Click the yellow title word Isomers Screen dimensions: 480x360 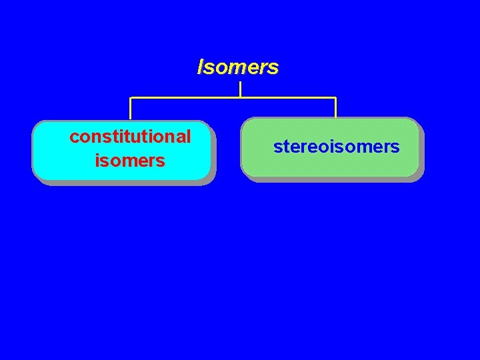[x=238, y=67]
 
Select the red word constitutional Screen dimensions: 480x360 [x=130, y=137]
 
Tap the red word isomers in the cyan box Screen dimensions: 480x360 [x=130, y=161]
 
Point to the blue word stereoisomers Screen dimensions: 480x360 [x=336, y=147]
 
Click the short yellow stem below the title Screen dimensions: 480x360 [x=240, y=89]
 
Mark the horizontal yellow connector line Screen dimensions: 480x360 [x=287, y=98]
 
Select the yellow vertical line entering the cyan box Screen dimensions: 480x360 [x=131, y=109]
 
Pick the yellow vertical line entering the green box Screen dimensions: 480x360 [x=335, y=108]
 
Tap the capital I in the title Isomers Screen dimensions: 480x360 [x=200, y=67]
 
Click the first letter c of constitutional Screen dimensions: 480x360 [x=74, y=137]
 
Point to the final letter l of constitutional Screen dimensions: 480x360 [x=189, y=137]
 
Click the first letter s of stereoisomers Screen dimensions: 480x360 [x=277, y=147]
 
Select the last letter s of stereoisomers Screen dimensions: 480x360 [x=395, y=147]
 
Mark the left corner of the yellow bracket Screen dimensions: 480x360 [x=131, y=98]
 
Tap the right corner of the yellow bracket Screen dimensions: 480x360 [x=335, y=98]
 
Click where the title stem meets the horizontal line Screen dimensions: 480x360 [x=240, y=98]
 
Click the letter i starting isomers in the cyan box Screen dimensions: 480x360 [x=98, y=160]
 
